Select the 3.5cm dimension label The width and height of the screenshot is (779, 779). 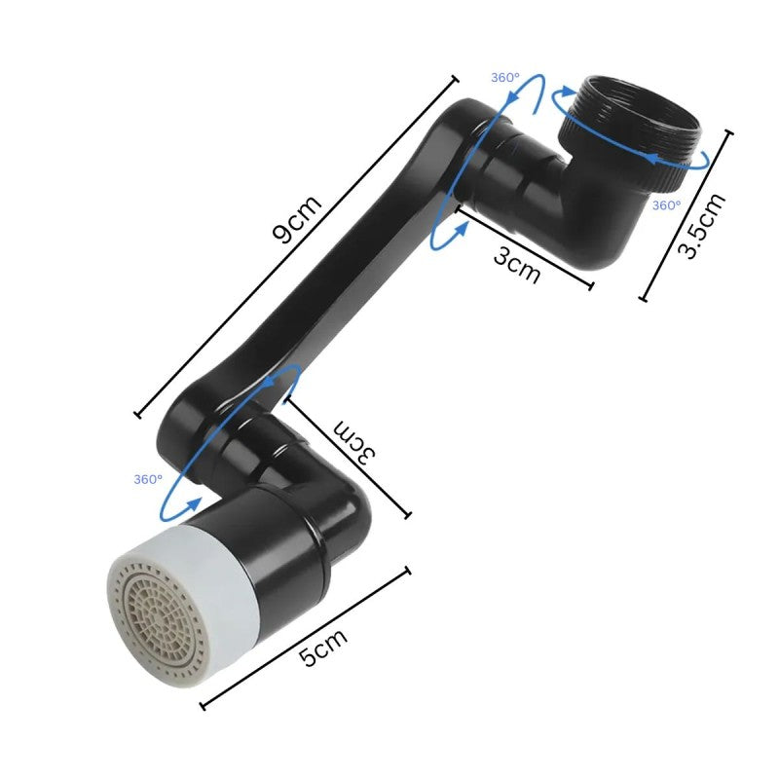pyautogui.click(x=702, y=226)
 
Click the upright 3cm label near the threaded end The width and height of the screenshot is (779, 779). pyautogui.click(x=516, y=264)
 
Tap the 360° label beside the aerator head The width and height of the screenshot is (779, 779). pyautogui.click(x=148, y=479)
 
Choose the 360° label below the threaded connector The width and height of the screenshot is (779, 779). pyautogui.click(x=666, y=205)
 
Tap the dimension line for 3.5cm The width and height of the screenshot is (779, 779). pyautogui.click(x=685, y=215)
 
